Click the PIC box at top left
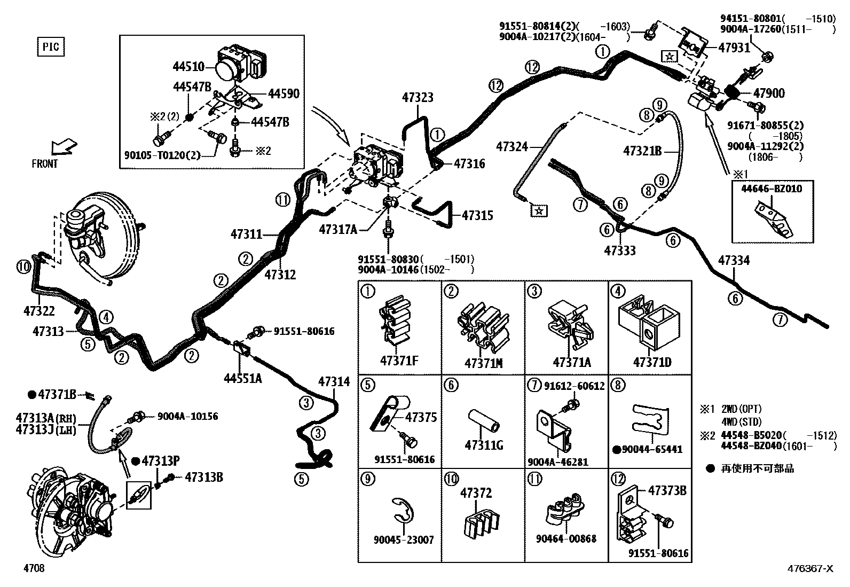tap(51, 47)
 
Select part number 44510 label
tap(188, 67)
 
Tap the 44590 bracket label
tap(283, 94)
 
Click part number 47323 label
tap(418, 97)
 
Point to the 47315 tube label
tap(477, 215)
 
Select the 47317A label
tap(337, 230)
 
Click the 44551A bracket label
tap(243, 379)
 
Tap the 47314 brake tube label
tap(334, 381)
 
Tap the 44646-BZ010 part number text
tap(771, 189)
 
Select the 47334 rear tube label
tap(734, 261)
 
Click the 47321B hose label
tap(642, 151)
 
